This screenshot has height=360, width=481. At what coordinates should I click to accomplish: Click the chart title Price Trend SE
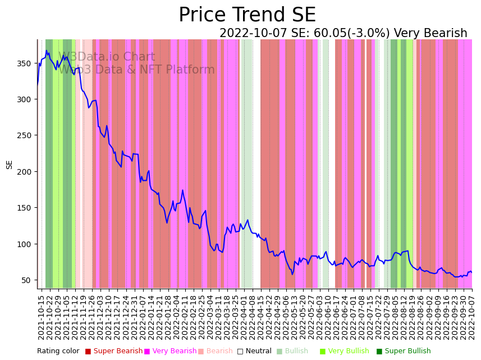pyautogui.click(x=247, y=15)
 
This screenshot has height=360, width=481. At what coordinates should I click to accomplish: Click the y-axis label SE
pyautogui.click(x=10, y=165)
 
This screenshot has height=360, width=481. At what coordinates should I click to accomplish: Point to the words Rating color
pyautogui.click(x=58, y=351)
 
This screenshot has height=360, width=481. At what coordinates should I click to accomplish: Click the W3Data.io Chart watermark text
pyautogui.click(x=107, y=57)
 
